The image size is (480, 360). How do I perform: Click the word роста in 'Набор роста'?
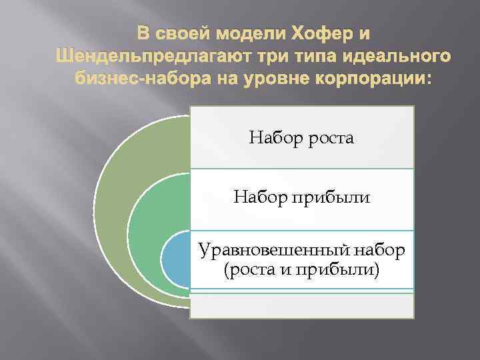pos(329,139)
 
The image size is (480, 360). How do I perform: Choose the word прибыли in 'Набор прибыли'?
pos(337,197)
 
